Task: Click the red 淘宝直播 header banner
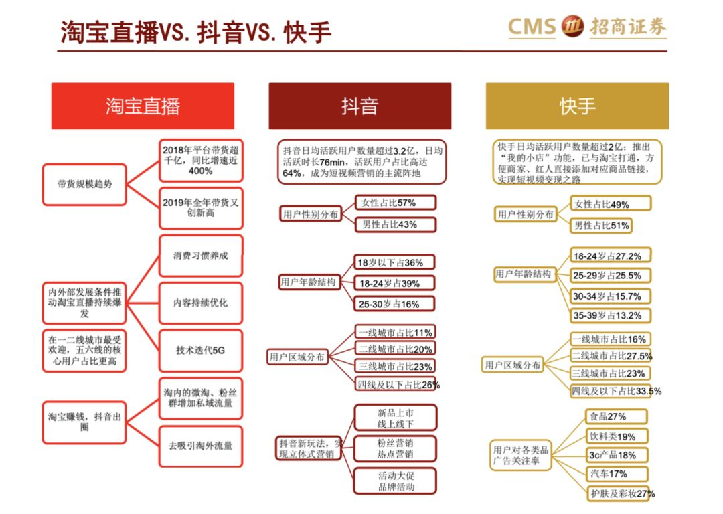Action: pos(143,106)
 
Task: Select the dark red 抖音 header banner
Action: pos(359,106)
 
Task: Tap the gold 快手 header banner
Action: pos(577,106)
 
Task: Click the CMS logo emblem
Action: pos(572,27)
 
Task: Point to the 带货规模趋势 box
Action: pos(84,184)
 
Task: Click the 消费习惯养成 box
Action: pos(201,256)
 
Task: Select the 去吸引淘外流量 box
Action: pos(201,445)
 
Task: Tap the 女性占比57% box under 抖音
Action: pos(395,202)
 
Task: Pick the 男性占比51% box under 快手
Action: pos(601,226)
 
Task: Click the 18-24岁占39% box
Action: pos(395,283)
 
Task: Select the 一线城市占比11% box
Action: pos(395,332)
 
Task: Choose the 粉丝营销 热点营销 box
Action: pos(395,448)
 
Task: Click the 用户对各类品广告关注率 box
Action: pos(521,455)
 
